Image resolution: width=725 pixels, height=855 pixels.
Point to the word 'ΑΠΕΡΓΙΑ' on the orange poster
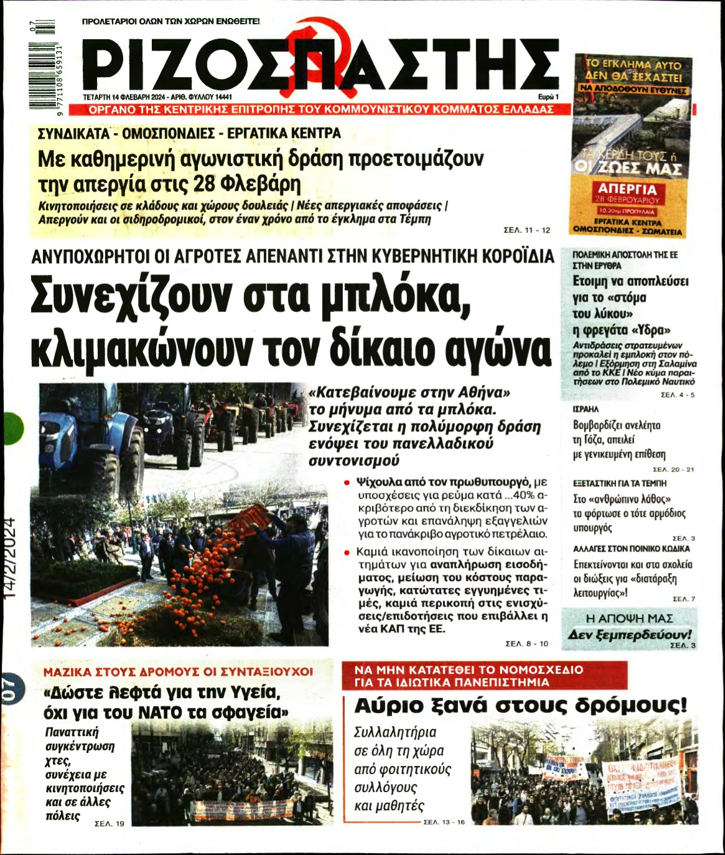coord(627,189)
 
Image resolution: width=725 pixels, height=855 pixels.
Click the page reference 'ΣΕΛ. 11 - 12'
coord(526,230)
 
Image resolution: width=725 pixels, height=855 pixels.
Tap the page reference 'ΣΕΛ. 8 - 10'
coord(526,643)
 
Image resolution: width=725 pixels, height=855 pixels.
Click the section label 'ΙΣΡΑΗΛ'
coord(586,409)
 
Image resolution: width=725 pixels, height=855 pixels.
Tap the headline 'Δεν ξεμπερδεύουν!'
coord(629,635)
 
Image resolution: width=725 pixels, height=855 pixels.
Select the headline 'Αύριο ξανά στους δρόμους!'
coord(520,706)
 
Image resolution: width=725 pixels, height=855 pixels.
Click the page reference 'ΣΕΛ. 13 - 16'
coord(444,822)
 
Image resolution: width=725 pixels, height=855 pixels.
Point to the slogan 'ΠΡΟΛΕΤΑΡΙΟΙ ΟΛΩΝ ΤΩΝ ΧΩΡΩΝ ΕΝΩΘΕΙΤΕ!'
coord(171,21)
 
